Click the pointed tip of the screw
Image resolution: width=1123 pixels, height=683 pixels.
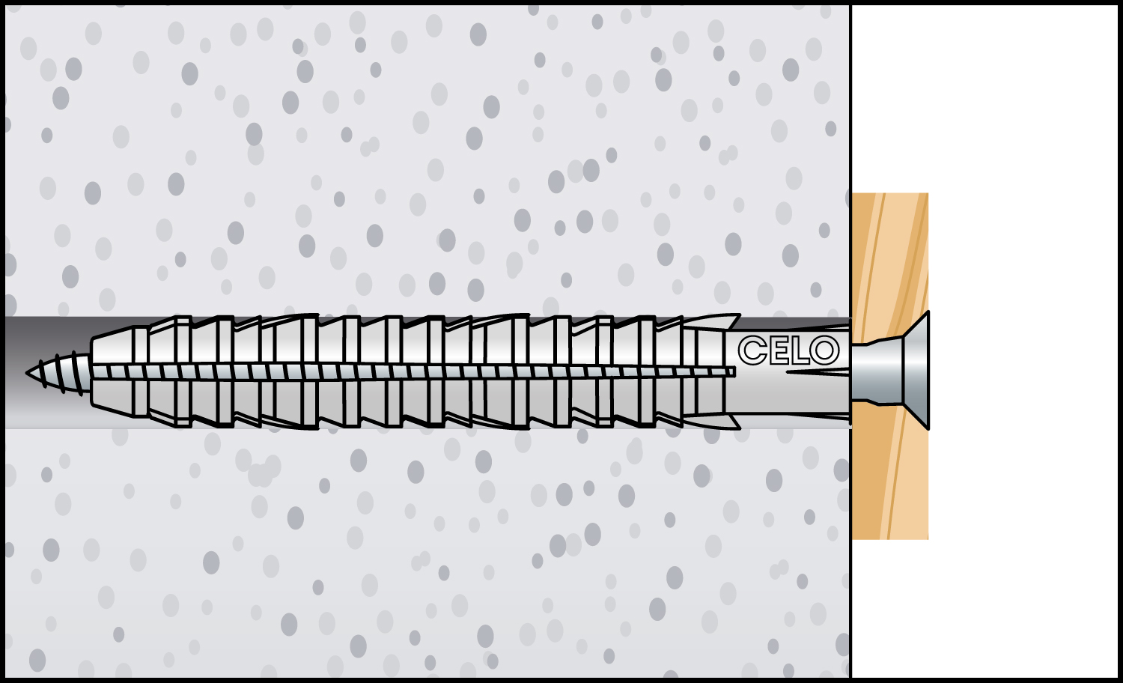[27, 373]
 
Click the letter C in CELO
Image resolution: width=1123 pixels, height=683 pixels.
[752, 350]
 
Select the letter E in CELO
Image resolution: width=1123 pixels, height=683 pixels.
[778, 350]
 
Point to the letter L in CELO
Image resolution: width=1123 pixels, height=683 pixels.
[799, 350]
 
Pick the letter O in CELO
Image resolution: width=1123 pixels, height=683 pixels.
[825, 350]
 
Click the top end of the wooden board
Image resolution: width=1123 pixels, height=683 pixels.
[890, 194]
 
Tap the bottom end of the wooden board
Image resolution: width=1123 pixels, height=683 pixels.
[890, 538]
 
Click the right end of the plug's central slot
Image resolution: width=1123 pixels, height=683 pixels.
[734, 371]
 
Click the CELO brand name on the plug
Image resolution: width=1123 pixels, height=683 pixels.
[789, 350]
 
